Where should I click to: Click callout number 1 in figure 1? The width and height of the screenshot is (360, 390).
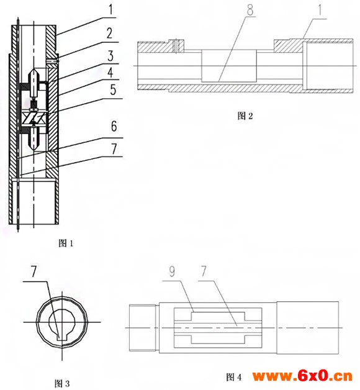(x=110, y=9)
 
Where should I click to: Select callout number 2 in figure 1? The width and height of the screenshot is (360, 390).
(x=110, y=33)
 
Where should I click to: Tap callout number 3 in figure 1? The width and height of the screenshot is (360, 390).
(x=110, y=56)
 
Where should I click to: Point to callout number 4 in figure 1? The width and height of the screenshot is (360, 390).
(x=110, y=73)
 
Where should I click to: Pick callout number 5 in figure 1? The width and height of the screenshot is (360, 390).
(x=113, y=89)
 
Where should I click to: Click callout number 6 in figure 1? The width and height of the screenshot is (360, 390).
(x=114, y=126)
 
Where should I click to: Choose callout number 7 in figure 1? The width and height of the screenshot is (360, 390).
(x=114, y=149)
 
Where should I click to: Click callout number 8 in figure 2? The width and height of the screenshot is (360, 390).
(x=250, y=10)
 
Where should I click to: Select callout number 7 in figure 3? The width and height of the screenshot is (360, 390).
(x=34, y=271)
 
